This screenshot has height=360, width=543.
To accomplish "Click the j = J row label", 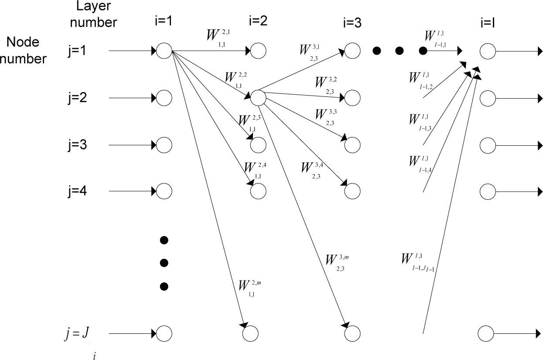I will pyautogui.click(x=78, y=334).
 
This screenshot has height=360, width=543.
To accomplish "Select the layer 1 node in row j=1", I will pyautogui.click(x=164, y=51).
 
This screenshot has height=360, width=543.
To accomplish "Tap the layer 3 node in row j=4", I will pyautogui.click(x=352, y=191).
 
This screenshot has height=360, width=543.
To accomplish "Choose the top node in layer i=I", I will pyautogui.click(x=487, y=51).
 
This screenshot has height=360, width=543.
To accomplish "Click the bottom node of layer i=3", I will pyautogui.click(x=352, y=334).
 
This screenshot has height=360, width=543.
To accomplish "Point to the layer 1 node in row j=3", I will pyautogui.click(x=164, y=144).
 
